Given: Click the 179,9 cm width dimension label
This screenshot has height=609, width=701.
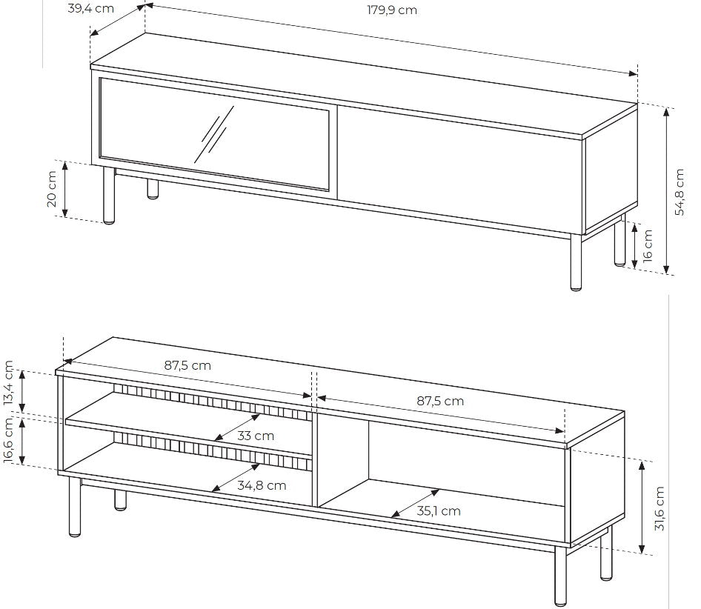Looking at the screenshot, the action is [392, 10].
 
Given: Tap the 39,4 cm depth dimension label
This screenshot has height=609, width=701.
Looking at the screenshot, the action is [90, 8].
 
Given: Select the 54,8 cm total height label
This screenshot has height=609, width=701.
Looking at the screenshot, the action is [679, 192].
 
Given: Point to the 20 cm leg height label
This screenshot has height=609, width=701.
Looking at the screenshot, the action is [52, 189].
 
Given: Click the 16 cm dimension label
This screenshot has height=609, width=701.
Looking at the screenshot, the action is [648, 245].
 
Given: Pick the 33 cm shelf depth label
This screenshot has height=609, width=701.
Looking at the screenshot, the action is [255, 436].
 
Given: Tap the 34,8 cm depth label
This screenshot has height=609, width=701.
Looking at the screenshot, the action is [262, 485].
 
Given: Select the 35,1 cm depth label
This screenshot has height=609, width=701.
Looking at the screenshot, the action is [439, 510].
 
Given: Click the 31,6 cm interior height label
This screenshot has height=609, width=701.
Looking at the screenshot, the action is [660, 508].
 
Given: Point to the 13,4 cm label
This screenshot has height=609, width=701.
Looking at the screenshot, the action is [10, 384].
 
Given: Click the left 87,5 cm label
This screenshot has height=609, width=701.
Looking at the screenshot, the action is [187, 365].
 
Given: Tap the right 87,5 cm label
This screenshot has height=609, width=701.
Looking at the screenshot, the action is [440, 401].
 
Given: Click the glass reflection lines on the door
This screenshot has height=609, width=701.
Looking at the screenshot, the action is [214, 134].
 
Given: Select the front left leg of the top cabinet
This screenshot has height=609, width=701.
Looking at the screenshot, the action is [109, 195].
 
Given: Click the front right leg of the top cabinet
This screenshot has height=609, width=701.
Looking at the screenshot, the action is [577, 262].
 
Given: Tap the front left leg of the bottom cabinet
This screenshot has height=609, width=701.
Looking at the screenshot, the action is [75, 506].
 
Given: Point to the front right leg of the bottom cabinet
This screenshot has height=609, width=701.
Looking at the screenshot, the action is [560, 577].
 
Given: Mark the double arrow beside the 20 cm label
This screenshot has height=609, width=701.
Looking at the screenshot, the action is [64, 189].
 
